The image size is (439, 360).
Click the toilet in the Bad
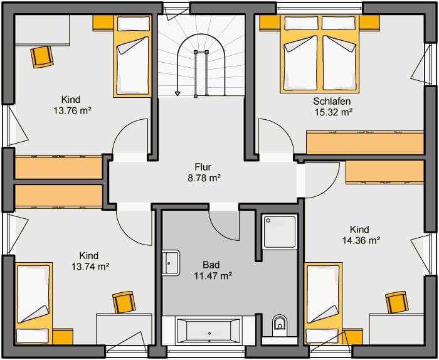coord(280,326)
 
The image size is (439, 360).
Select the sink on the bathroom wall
coord(171,263)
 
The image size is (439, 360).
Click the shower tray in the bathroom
coord(280,231)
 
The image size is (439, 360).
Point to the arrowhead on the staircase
coord(177,93)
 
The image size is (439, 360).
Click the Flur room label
coord(203,167)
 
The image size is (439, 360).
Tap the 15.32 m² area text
coord(333,112)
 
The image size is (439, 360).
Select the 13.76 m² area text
coord(73,111)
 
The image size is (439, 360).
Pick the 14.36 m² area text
coord(361,240)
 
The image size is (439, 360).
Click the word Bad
coord(211,265)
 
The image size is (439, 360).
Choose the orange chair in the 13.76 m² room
coord(42,57)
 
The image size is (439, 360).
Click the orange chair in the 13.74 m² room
coord(124,302)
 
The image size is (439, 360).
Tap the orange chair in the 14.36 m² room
coord(396,302)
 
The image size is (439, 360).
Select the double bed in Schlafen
coord(319,54)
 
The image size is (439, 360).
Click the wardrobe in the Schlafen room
coord(365,142)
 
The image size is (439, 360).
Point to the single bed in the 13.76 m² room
coord(133,56)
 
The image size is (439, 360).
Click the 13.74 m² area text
coord(90,267)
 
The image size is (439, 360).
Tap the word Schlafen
coord(332,101)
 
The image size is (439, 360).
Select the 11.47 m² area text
coord(213,276)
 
